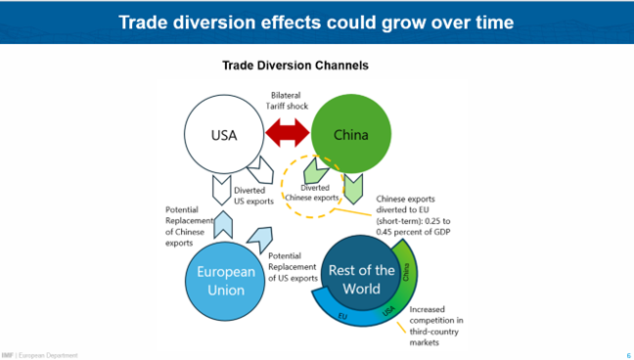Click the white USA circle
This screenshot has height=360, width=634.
pyautogui.click(x=225, y=135)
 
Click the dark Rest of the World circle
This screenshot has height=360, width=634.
pyautogui.click(x=361, y=279)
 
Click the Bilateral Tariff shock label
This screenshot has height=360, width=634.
pyautogui.click(x=287, y=102)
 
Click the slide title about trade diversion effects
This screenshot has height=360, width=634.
pyautogui.click(x=316, y=22)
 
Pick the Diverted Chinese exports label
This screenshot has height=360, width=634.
pyautogui.click(x=315, y=193)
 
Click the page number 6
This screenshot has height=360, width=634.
pyautogui.click(x=627, y=354)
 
